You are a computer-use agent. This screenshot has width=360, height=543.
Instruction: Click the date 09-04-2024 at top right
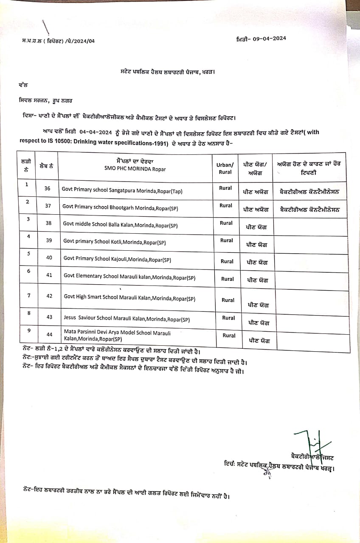click(x=269, y=38)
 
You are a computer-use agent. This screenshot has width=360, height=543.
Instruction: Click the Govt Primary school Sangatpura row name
click(x=122, y=191)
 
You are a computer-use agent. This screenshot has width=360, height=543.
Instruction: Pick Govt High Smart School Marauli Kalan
click(x=129, y=298)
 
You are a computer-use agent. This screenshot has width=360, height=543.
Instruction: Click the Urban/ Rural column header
click(x=225, y=168)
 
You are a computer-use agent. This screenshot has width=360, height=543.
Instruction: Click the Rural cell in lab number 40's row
click(x=227, y=261)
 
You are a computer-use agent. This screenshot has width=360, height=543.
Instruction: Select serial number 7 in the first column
click(x=28, y=295)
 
